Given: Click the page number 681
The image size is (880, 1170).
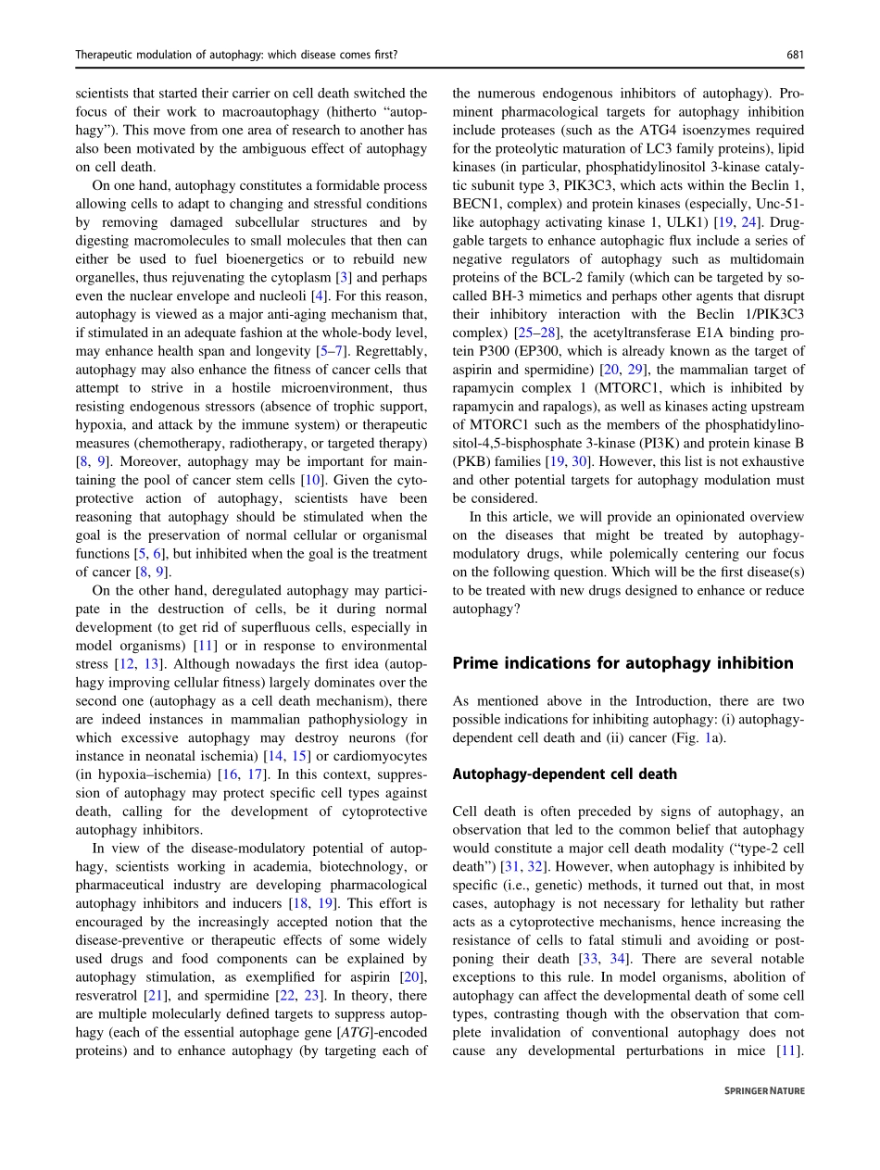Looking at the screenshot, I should point(795,55).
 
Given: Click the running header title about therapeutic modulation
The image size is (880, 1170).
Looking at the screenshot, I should point(236,55).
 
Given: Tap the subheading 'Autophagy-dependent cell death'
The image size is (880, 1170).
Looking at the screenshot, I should point(564,774).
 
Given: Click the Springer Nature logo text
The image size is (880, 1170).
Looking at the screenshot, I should point(764,1091).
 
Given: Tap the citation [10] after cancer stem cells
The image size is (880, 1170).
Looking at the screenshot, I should point(311,480).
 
